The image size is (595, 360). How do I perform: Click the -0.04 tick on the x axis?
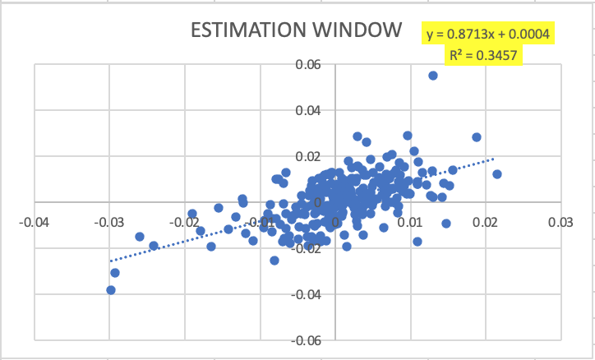coord(34,223)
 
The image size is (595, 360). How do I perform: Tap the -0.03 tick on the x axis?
coord(108,223)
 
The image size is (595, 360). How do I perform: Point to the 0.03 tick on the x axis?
coord(560,223)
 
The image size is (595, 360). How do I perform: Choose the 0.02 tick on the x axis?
coord(486,223)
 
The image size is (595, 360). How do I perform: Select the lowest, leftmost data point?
coord(111,290)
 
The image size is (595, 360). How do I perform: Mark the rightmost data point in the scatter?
coord(496,174)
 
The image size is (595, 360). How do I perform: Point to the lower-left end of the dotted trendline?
coord(110,261)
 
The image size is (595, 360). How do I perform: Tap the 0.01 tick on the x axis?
coord(411,223)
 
